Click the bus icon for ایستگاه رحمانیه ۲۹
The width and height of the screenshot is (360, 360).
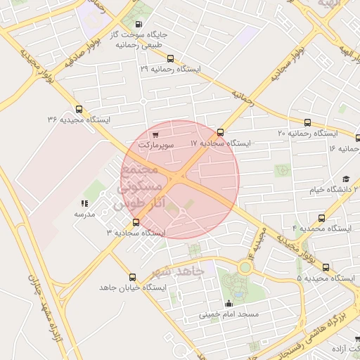click(170, 59)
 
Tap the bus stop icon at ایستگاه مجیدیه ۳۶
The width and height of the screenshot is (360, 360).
click(78, 109)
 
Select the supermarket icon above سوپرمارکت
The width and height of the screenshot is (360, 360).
click(155, 134)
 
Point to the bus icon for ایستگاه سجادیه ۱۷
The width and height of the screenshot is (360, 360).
click(220, 132)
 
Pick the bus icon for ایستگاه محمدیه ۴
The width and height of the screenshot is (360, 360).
click(322, 218)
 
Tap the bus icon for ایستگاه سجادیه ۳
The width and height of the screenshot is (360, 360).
click(136, 222)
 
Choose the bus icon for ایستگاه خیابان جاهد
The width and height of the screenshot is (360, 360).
click(132, 277)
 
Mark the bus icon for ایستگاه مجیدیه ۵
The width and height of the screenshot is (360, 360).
click(326, 267)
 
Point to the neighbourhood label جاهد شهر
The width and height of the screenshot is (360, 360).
click(179, 271)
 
